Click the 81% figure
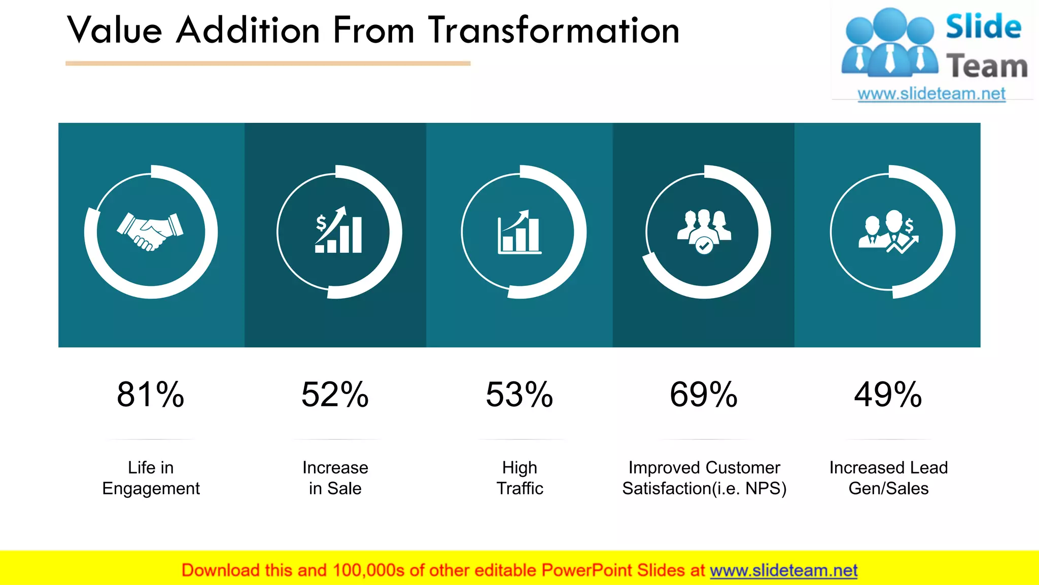[151, 395]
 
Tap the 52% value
[335, 395]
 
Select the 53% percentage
[519, 395]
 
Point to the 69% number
[704, 395]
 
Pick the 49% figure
[888, 395]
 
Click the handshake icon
[150, 232]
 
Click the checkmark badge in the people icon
[704, 246]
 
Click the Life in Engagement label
[151, 478]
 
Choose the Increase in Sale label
[335, 478]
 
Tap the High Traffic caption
[519, 478]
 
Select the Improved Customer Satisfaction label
[704, 478]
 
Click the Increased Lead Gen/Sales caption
[888, 478]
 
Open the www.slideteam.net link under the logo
[931, 94]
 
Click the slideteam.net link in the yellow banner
[783, 571]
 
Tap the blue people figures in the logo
[889, 43]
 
